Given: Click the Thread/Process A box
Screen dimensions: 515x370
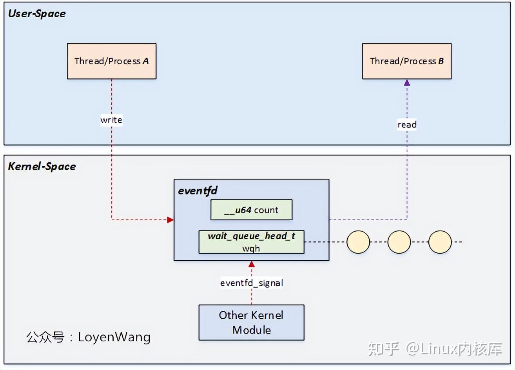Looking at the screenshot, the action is (x=112, y=61).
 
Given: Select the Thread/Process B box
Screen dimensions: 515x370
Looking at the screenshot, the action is (x=407, y=61).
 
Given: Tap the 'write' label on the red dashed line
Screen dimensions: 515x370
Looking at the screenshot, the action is (x=112, y=120).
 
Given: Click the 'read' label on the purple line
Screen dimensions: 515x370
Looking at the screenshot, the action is (x=407, y=125).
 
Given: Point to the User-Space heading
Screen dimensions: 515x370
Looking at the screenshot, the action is (x=37, y=14).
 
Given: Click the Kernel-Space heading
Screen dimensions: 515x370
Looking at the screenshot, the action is (x=42, y=167).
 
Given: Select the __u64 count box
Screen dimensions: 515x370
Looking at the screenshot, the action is (x=251, y=210).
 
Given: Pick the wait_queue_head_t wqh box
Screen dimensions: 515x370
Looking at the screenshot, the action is (x=251, y=242).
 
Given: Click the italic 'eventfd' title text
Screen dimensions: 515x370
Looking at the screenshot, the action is (x=198, y=190).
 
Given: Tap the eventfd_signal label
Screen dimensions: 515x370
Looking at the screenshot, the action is (x=252, y=283).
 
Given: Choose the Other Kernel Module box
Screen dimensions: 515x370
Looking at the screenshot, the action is (x=251, y=323).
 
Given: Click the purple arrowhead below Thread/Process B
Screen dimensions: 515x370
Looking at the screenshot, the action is (x=407, y=83).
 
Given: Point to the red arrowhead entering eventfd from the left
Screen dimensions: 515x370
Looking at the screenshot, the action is (x=170, y=220).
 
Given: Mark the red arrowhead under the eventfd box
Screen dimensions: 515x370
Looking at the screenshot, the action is (x=252, y=264).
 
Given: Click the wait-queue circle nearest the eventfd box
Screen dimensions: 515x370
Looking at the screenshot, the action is (x=358, y=242).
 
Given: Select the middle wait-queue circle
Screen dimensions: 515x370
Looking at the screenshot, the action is (x=399, y=242).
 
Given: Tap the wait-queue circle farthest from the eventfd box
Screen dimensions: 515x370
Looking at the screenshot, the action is (x=440, y=242).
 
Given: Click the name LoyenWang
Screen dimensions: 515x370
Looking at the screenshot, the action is (x=114, y=337).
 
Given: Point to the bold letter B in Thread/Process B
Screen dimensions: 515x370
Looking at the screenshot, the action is (x=441, y=61).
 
